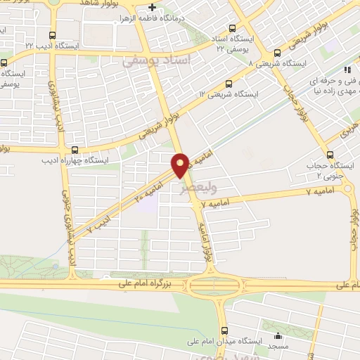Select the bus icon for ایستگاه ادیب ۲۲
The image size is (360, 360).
pyautogui.click(x=54, y=36)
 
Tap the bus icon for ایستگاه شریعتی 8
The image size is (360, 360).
pyautogui.click(x=277, y=53)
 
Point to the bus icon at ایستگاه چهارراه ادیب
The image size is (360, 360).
pyautogui.click(x=75, y=150)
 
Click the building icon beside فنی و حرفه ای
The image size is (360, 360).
pyautogui.click(x=347, y=70)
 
